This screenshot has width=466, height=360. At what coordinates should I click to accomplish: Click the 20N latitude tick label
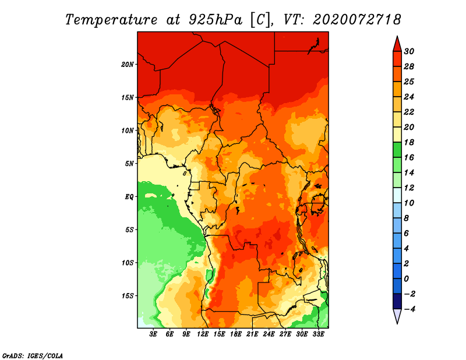(x=128, y=65)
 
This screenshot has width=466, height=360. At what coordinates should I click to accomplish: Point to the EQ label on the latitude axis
(x=129, y=197)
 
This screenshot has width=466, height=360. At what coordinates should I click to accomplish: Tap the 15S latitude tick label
(x=128, y=296)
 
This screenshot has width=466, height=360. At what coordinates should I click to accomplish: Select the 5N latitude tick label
(x=129, y=164)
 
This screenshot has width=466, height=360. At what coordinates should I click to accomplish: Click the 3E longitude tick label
(x=153, y=334)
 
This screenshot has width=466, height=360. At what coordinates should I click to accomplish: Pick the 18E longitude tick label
(x=236, y=334)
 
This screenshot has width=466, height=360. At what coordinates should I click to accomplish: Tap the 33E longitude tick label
(x=318, y=334)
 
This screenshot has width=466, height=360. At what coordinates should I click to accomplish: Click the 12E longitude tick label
(x=203, y=334)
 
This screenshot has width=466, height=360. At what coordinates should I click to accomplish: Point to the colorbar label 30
(x=409, y=51)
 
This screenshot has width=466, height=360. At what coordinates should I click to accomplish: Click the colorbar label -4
(x=409, y=309)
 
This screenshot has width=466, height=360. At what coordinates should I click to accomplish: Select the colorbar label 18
(x=409, y=142)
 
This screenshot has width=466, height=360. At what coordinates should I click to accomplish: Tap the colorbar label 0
(x=406, y=279)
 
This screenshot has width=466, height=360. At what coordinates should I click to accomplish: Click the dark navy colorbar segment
(x=397, y=301)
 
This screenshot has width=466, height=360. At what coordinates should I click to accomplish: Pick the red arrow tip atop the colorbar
(x=397, y=37)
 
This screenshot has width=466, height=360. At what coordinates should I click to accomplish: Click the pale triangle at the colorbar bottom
(x=397, y=316)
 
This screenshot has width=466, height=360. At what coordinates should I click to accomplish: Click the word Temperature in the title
(x=111, y=20)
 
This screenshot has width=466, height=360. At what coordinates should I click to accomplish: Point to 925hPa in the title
(x=216, y=20)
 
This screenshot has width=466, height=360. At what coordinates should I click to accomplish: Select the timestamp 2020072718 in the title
(x=357, y=20)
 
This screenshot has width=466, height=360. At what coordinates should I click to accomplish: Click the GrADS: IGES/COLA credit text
(x=33, y=356)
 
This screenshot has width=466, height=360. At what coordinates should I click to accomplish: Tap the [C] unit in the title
(x=261, y=20)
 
